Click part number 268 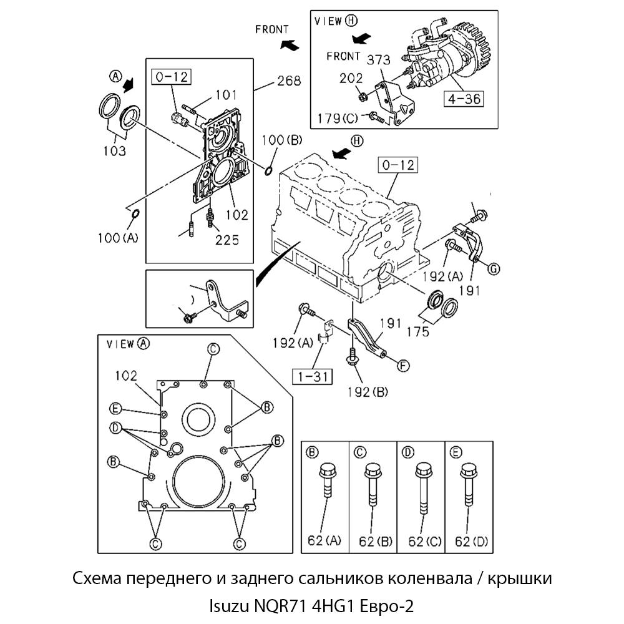pyautogui.click(x=288, y=80)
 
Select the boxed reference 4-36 pyautogui.click(x=462, y=99)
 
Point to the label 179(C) pyautogui.click(x=337, y=118)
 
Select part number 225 pyautogui.click(x=227, y=240)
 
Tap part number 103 pyautogui.click(x=114, y=151)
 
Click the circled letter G pyautogui.click(x=492, y=269)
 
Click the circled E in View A pyautogui.click(x=115, y=409)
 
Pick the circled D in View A pyautogui.click(x=115, y=427)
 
